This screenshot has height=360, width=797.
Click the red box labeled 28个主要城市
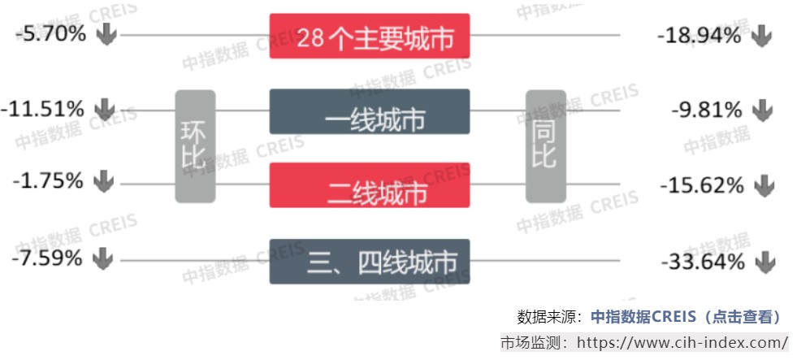[370, 37]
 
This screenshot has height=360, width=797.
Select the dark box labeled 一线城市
[370, 111]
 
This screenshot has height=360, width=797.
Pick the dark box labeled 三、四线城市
[370, 262]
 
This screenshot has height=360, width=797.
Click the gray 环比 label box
[195, 146]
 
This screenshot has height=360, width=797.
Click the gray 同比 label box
[545, 146]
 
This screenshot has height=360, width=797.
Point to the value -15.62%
[701, 185]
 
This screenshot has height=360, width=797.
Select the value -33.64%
[703, 262]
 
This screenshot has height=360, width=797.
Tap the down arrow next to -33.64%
[764, 262]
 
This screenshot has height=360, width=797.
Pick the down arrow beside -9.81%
[761, 110]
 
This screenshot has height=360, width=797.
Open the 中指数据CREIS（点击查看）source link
[685, 317]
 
